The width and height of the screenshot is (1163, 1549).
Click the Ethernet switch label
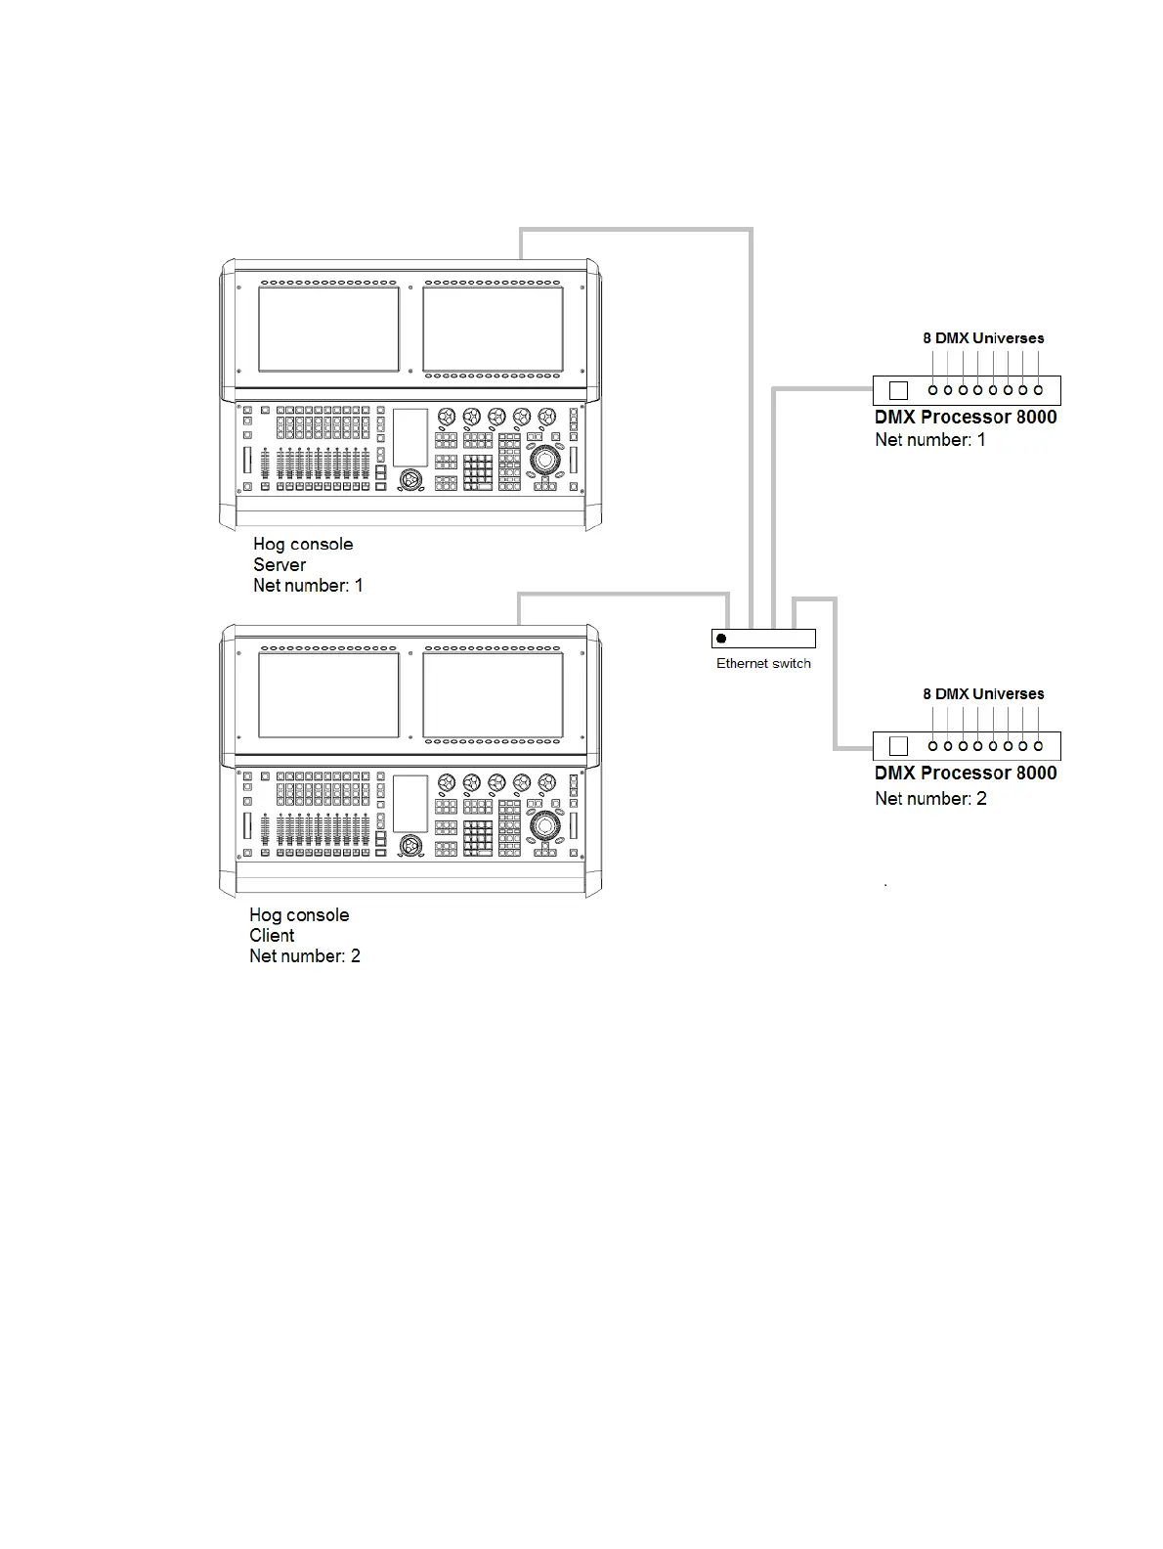(763, 664)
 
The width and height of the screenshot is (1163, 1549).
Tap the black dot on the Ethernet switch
(721, 639)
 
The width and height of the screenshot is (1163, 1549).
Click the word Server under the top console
(280, 565)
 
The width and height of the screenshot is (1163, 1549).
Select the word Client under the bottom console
(272, 936)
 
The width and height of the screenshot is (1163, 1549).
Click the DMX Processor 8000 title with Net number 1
(966, 418)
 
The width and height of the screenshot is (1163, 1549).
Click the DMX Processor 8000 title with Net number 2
(966, 774)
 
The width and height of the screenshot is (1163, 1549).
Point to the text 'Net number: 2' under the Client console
(305, 956)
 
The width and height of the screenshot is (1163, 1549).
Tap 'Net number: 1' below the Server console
(308, 586)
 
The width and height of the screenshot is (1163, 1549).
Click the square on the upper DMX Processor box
(899, 391)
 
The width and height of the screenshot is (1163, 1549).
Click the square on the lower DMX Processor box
(899, 747)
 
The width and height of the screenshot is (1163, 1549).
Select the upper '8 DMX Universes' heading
(983, 338)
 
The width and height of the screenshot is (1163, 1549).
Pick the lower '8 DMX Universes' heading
(983, 694)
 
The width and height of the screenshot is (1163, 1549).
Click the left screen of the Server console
(328, 329)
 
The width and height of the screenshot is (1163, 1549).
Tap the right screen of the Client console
(493, 695)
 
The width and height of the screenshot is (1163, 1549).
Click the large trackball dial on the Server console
(544, 459)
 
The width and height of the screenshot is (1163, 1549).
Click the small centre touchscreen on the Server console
(410, 437)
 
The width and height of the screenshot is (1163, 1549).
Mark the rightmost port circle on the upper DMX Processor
(1038, 390)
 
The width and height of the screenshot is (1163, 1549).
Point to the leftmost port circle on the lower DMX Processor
(933, 746)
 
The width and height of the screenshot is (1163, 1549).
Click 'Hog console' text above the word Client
(299, 915)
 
